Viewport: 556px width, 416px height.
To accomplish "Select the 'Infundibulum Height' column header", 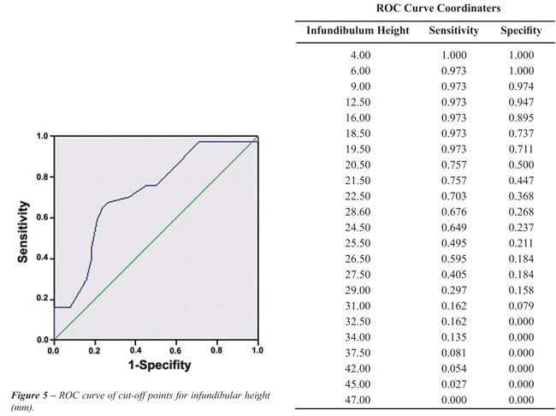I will (x=358, y=31).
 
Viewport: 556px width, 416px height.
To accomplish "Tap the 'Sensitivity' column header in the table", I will (x=453, y=31).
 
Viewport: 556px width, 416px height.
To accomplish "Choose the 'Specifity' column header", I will (x=521, y=31).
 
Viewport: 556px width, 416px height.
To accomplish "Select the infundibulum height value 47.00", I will (x=358, y=400).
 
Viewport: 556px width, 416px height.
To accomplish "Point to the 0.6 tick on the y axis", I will (x=40, y=217).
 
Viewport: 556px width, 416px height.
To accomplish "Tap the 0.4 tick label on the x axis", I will (x=135, y=351).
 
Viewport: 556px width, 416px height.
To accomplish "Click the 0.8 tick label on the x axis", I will (x=216, y=351).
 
